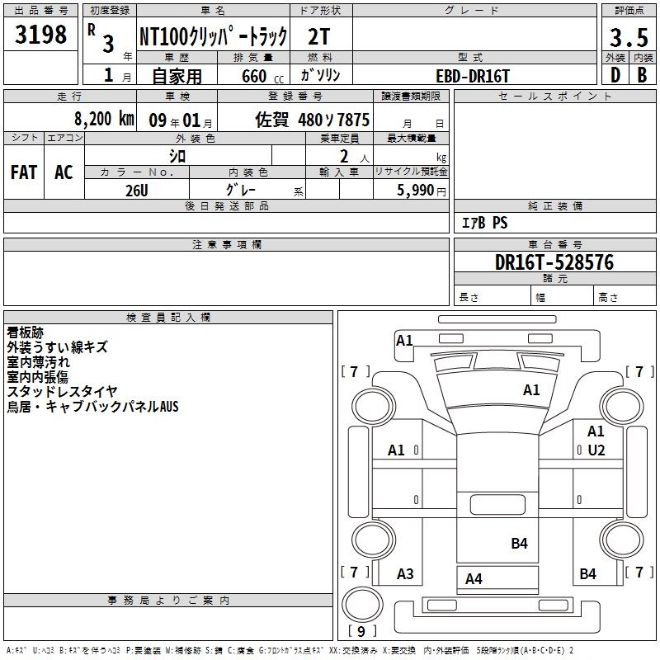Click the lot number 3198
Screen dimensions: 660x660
point(40,35)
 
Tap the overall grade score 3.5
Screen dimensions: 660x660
point(629,37)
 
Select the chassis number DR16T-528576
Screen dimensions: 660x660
point(554,262)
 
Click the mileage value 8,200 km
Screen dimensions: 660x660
point(104,119)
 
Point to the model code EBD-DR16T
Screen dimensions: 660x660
point(473,76)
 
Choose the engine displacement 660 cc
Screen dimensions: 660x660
point(262,76)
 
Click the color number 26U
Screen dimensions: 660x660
point(137,191)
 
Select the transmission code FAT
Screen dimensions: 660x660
point(24,172)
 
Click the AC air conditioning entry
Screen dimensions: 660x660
point(64,172)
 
